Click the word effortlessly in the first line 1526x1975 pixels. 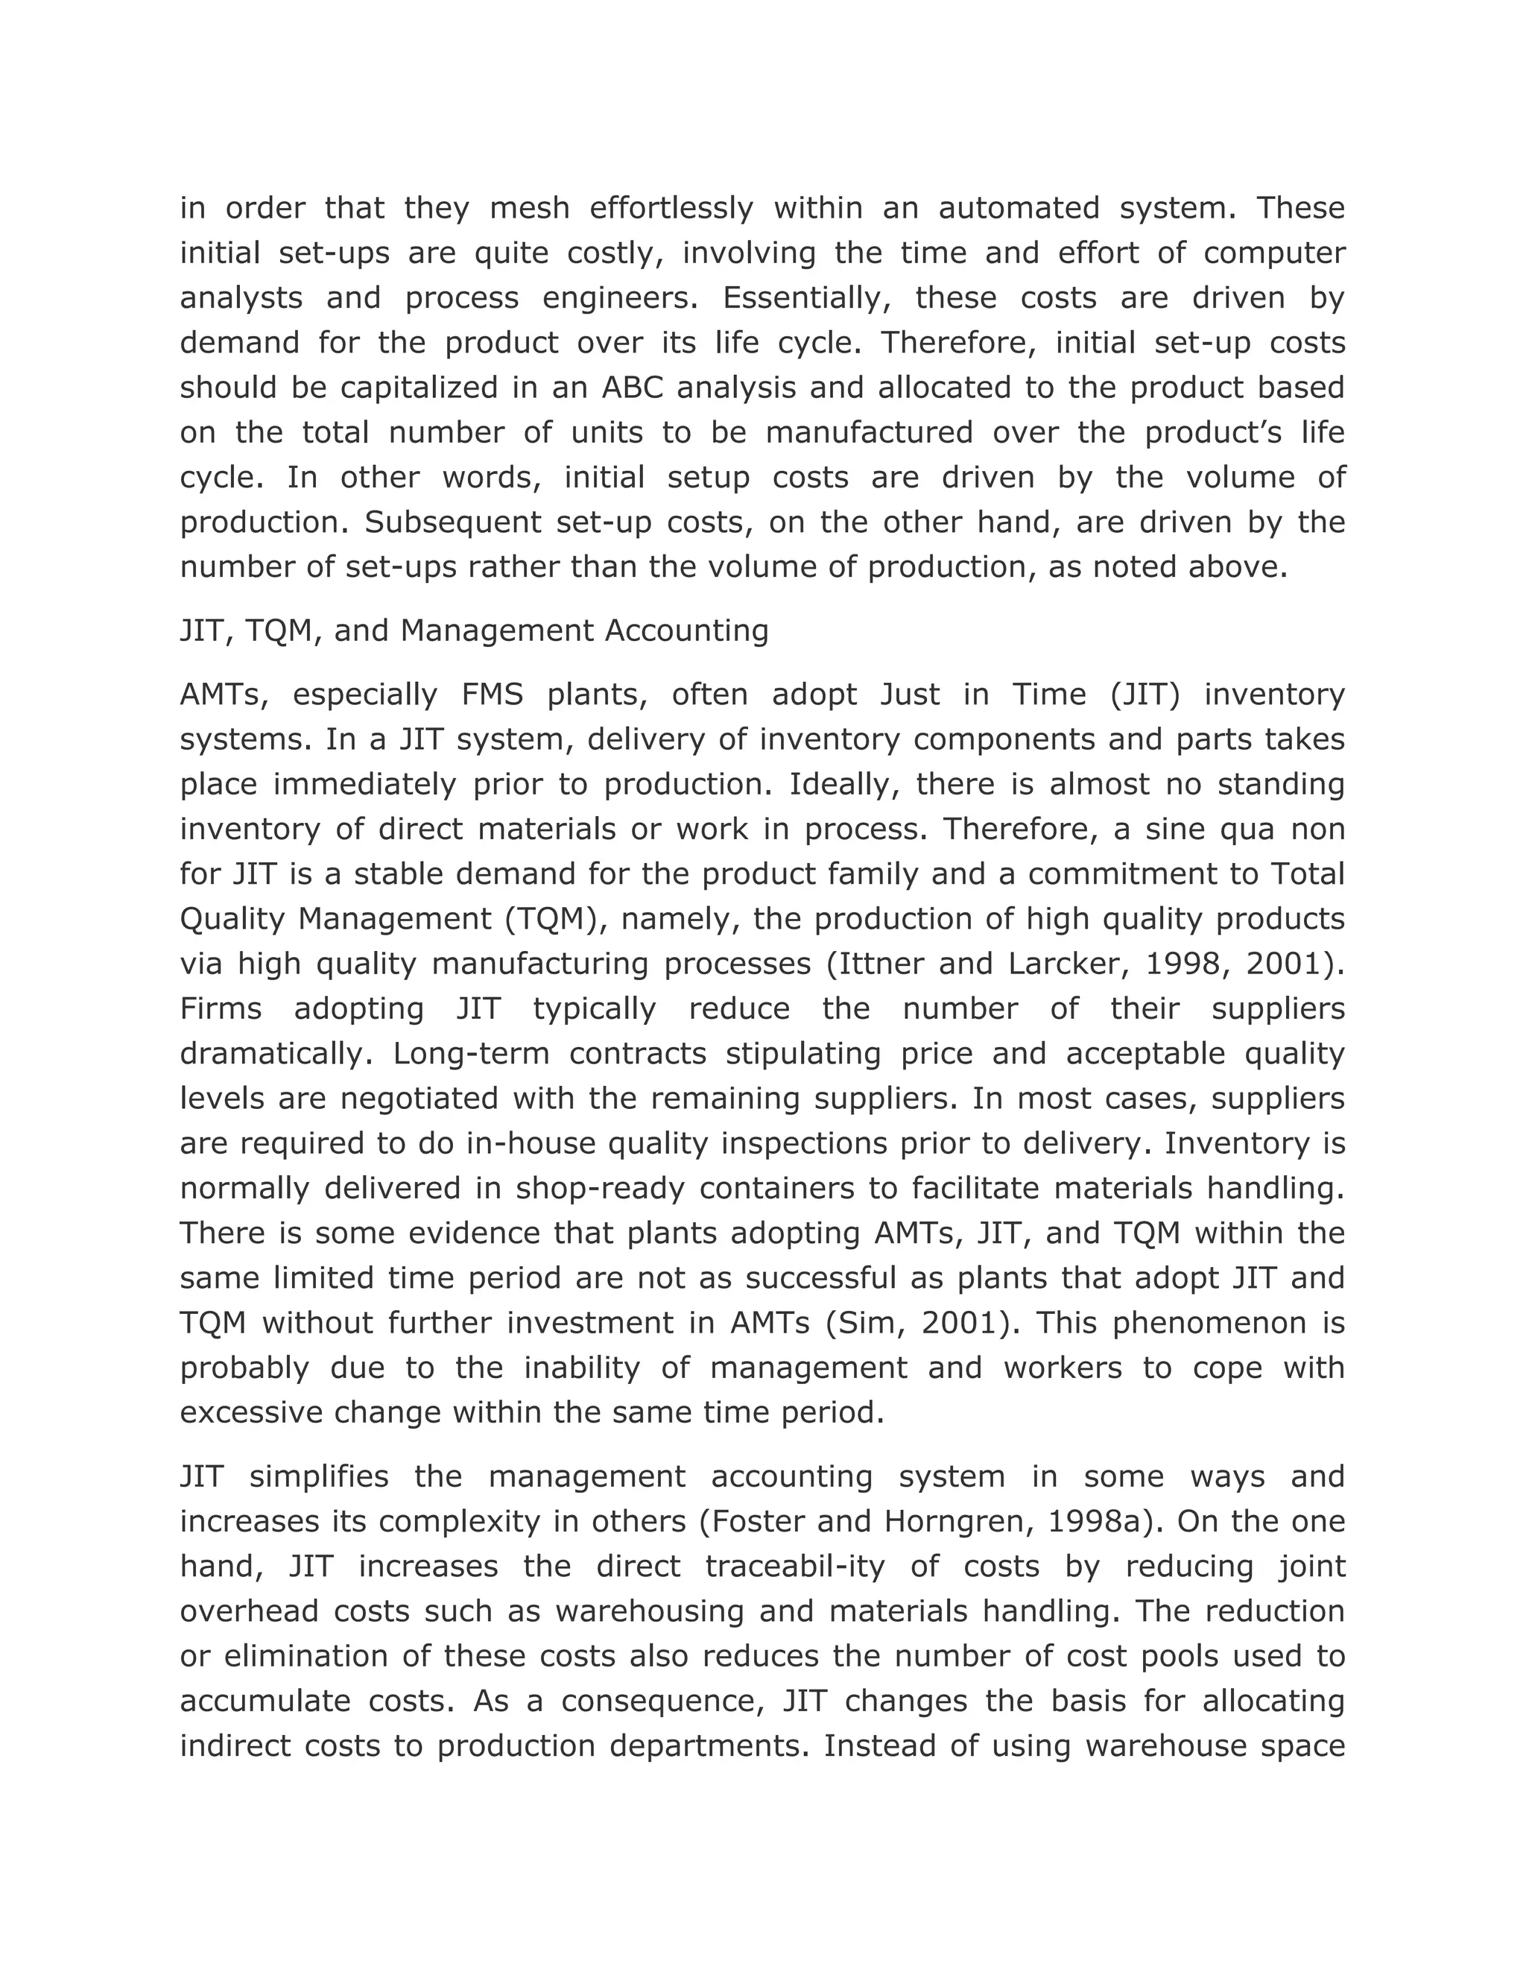[671, 209]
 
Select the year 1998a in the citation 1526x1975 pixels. [1095, 1522]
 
